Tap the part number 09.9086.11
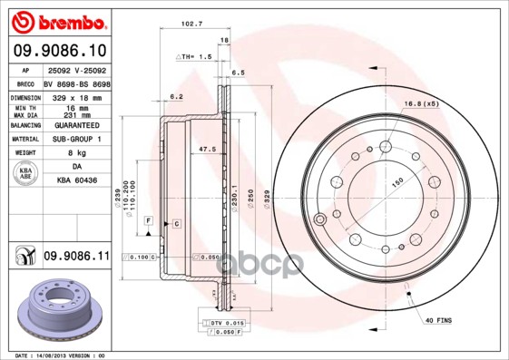point(76,257)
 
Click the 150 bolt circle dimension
point(396,180)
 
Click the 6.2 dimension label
point(177,96)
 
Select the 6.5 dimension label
point(239,72)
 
